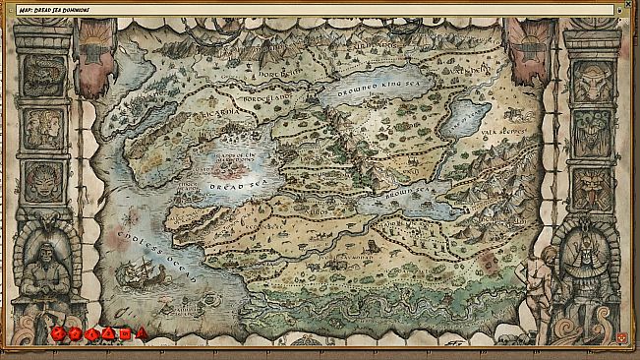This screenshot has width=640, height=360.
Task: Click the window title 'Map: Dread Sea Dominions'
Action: [60, 10]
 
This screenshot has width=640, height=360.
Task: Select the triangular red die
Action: [142, 333]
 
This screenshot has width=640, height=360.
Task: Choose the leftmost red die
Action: [58, 334]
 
